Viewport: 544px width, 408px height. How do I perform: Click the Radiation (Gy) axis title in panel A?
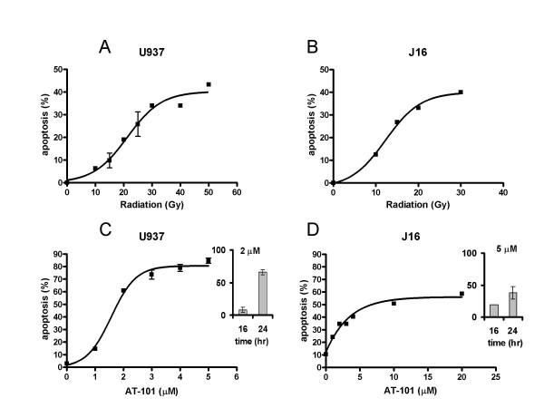point(151,206)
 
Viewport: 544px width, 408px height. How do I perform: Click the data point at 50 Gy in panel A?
point(208,84)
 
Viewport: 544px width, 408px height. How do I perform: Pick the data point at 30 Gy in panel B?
point(461,92)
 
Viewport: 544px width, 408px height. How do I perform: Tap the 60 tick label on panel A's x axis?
point(236,192)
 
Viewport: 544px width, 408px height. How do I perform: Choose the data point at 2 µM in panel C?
point(123,290)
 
